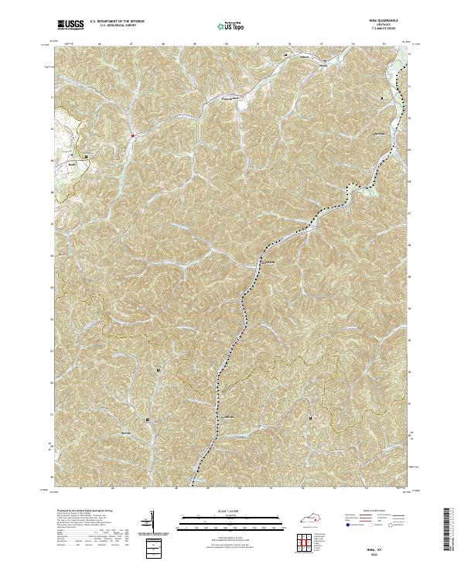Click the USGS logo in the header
70,26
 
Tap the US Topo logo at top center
232,26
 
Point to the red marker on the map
133,136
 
